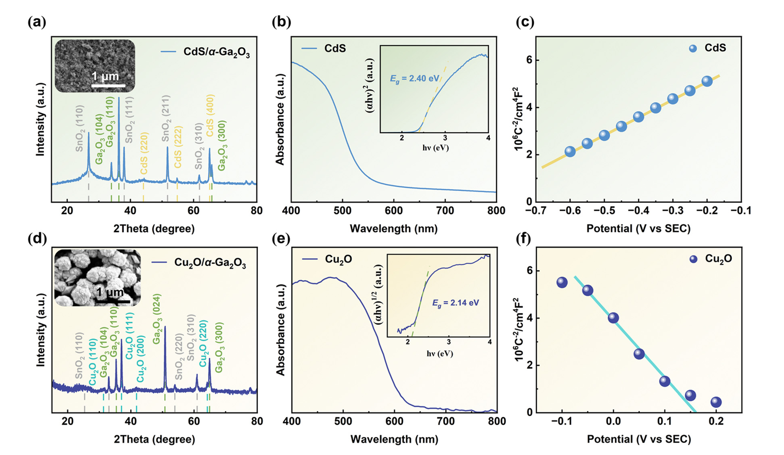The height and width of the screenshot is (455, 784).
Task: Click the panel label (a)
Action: click(37, 22)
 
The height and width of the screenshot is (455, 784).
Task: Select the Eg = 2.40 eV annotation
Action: click(415, 78)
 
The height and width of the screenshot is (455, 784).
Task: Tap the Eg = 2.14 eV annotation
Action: click(455, 302)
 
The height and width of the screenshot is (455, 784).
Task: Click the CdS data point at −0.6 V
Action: click(570, 152)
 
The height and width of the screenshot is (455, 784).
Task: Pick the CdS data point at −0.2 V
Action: click(707, 81)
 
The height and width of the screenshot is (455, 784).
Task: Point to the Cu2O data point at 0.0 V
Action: click(613, 318)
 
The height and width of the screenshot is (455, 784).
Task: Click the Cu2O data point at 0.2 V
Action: click(716, 402)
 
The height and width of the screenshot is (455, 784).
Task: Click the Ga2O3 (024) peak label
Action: click(157, 319)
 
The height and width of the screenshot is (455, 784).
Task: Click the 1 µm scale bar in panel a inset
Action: click(108, 85)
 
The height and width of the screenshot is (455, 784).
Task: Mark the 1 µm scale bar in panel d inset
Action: click(112, 301)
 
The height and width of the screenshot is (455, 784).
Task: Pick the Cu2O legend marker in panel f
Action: click(694, 259)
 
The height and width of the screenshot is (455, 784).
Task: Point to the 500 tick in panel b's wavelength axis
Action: click(342, 210)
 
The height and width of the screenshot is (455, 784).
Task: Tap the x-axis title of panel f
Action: click(639, 439)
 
